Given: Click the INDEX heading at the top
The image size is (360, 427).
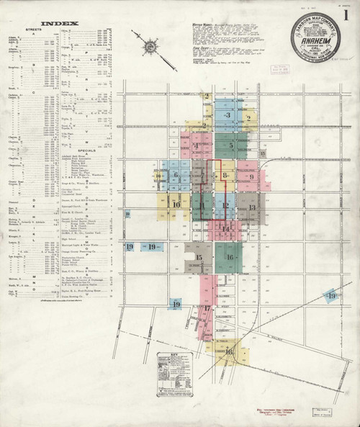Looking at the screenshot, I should point(55,23).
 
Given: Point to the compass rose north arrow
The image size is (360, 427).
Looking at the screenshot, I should point(150,48).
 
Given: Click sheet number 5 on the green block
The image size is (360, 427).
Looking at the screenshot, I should point(230,145).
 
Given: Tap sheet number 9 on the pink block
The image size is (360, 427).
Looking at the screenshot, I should point(251,176).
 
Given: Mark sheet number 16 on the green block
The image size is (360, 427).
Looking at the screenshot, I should point(230,257).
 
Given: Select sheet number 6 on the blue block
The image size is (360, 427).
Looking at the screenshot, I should point(175,174).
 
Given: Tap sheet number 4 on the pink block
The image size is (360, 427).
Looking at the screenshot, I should point(196,146).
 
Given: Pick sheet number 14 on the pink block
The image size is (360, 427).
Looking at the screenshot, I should point(226,230).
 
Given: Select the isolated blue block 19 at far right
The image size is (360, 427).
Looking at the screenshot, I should point(331,296).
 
